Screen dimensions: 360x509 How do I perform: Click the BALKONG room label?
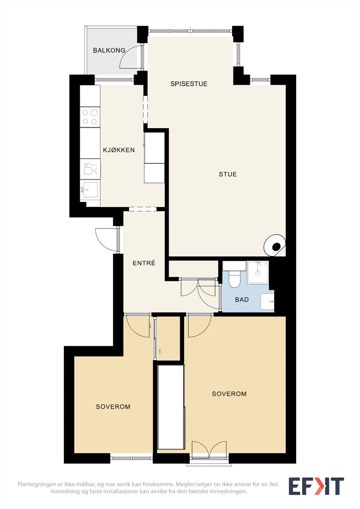click(x=109, y=50)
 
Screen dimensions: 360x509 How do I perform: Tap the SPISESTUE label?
click(x=189, y=84)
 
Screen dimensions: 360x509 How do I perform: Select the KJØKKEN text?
click(x=119, y=150)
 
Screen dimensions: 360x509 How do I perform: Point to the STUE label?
click(x=228, y=174)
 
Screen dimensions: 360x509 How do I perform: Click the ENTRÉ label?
click(x=144, y=263)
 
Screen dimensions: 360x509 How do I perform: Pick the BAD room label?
click(x=242, y=300)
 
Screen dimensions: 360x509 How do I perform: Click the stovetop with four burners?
click(x=90, y=117)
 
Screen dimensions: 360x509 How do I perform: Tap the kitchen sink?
click(x=90, y=190)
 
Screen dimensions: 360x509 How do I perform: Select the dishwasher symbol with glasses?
click(x=90, y=169)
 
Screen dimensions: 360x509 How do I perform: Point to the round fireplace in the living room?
click(x=274, y=245)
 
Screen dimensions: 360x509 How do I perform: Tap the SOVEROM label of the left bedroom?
click(x=113, y=407)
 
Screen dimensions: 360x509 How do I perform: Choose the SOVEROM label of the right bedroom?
click(x=229, y=394)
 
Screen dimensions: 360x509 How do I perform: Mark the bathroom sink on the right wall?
click(x=267, y=301)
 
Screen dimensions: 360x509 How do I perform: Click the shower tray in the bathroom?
click(x=258, y=272)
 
